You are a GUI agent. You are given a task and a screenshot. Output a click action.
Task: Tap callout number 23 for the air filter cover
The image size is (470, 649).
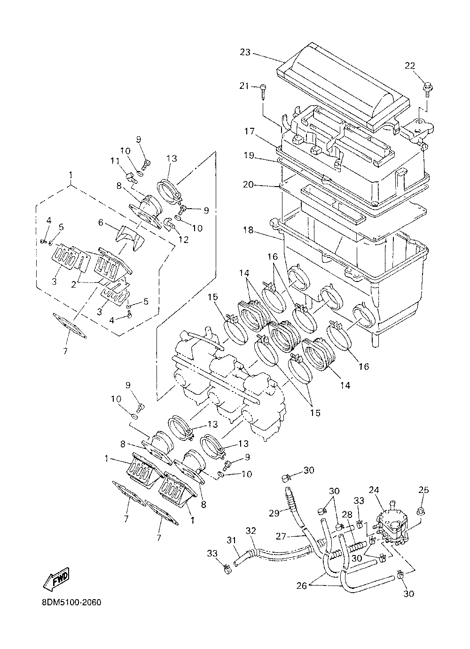tap(245, 53)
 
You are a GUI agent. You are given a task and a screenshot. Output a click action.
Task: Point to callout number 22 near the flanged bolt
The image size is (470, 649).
tap(410, 65)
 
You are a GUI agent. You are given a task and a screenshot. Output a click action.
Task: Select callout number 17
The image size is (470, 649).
tap(249, 132)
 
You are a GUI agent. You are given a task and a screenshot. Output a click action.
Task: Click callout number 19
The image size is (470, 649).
tap(249, 155)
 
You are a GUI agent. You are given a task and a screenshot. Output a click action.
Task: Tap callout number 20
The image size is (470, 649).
tap(248, 184)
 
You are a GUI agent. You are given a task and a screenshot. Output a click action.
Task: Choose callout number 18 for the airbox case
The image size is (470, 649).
tap(248, 230)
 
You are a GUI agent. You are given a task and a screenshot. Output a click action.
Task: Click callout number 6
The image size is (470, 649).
tap(101, 222)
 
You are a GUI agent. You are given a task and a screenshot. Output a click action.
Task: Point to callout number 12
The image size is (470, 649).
tap(184, 239)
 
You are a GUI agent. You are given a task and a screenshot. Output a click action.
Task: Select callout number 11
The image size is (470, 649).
tap(115, 161)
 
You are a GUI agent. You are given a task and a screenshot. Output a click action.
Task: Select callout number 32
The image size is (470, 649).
tap(251, 531)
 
